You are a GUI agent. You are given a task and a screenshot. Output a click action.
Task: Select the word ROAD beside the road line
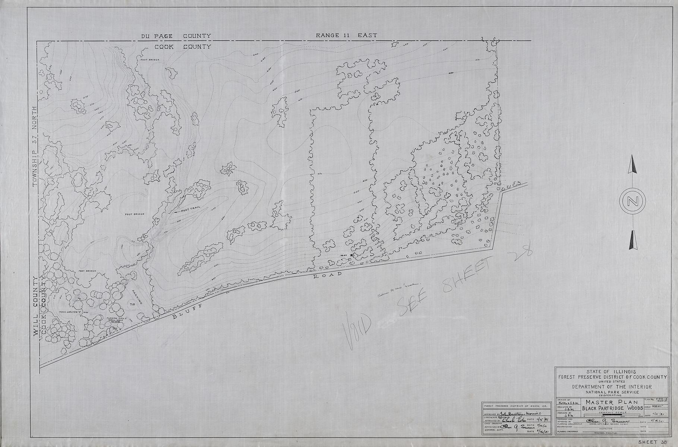coord(327,275)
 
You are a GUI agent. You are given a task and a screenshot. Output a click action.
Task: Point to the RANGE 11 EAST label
coord(346,35)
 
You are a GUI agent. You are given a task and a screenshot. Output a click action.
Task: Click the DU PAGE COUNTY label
coord(176,36)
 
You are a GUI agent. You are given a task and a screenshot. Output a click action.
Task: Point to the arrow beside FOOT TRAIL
coord(177,212)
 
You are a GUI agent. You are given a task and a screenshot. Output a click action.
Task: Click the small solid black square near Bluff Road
coord(351,255)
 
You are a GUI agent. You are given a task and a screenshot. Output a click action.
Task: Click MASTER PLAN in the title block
coord(600,402)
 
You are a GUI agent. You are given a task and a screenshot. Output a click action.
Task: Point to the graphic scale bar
coord(600,415)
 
